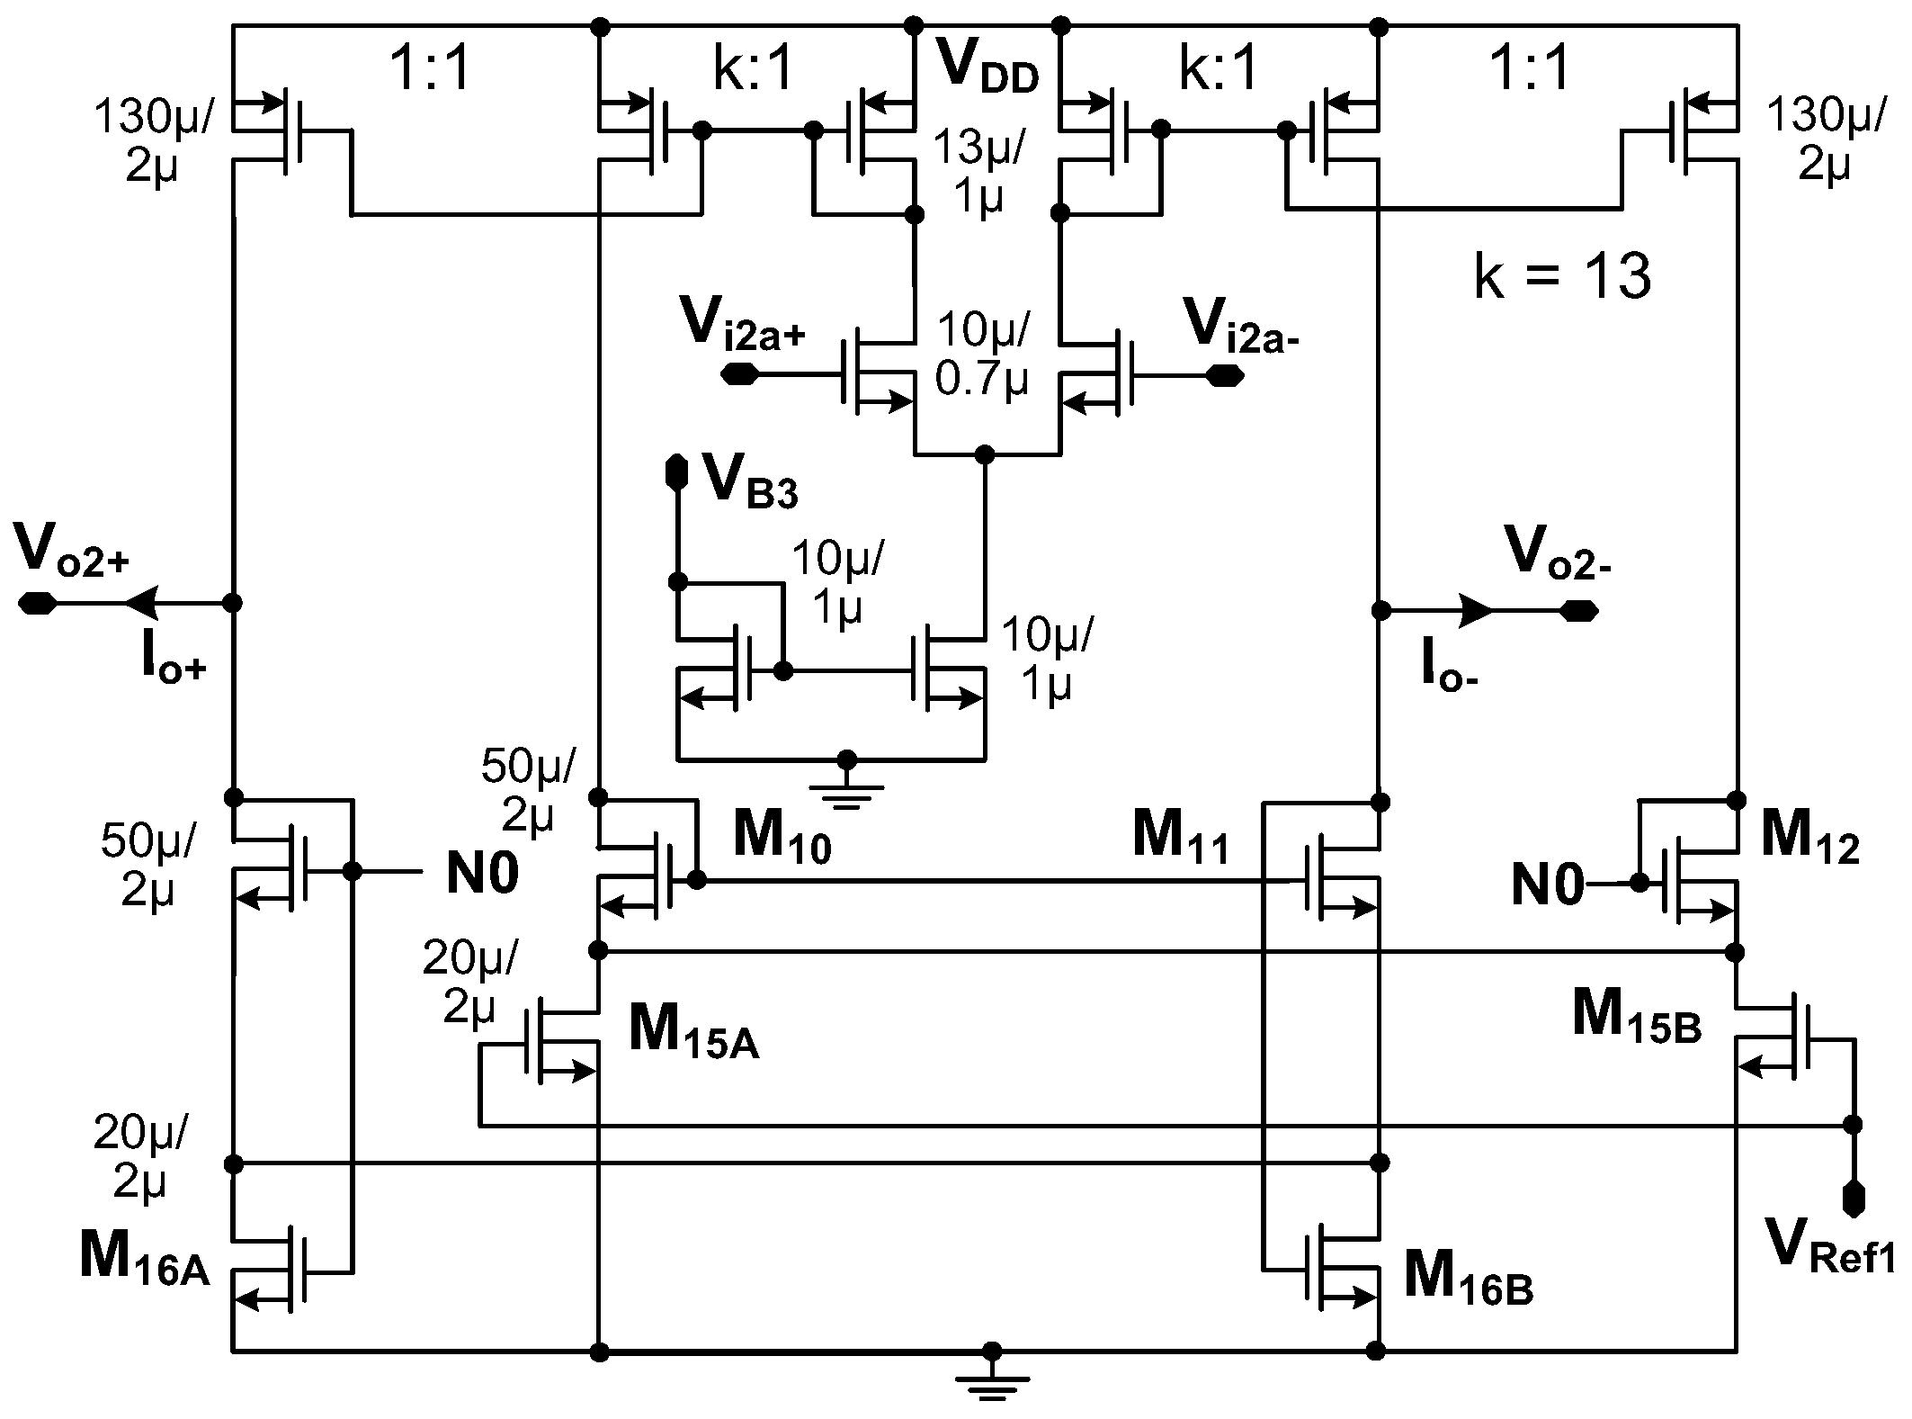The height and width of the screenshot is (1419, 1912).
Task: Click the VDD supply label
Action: (x=987, y=68)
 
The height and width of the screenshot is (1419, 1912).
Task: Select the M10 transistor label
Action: (x=781, y=836)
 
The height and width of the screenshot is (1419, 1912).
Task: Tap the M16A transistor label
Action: (x=144, y=1257)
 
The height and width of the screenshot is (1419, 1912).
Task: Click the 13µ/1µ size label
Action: (x=978, y=170)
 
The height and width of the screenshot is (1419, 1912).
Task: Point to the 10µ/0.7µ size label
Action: (x=982, y=355)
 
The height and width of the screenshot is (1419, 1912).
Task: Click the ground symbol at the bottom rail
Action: (x=991, y=1389)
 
